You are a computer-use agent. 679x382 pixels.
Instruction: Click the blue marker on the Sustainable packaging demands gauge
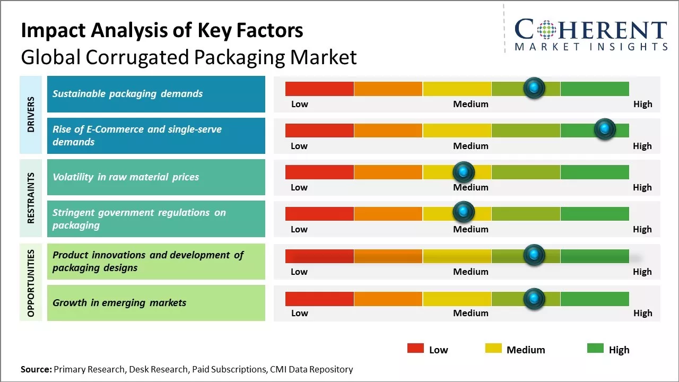[x=534, y=88]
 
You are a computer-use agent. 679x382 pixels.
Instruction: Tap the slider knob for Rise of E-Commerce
[x=604, y=129]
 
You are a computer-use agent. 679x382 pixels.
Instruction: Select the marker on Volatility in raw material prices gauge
[x=464, y=171]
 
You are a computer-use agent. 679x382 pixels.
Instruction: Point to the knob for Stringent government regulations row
[x=464, y=212]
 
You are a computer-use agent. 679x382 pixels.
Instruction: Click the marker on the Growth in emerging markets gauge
[x=534, y=298]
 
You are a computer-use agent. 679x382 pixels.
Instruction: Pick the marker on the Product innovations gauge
[x=534, y=255]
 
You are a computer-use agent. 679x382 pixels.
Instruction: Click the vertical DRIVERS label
[x=31, y=115]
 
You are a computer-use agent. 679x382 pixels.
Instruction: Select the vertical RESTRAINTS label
[x=31, y=197]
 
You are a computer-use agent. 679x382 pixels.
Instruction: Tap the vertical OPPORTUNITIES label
[x=31, y=283]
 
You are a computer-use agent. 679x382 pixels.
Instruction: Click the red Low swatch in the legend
[x=415, y=349]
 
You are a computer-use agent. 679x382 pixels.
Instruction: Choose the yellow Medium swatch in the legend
[x=493, y=349]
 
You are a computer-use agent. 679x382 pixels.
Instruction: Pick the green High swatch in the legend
[x=595, y=349]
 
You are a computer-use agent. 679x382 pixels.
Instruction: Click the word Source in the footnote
[x=36, y=369]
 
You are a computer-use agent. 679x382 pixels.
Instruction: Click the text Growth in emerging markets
[x=119, y=303]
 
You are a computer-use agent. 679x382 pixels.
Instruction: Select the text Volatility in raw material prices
[x=126, y=177]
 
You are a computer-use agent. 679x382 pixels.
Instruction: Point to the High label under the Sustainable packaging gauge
[x=642, y=104]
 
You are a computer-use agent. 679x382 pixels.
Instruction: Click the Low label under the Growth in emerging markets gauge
[x=299, y=313]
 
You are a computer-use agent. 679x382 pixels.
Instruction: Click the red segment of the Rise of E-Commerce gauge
[x=319, y=131]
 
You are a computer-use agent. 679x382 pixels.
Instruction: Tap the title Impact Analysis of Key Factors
[x=162, y=31]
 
